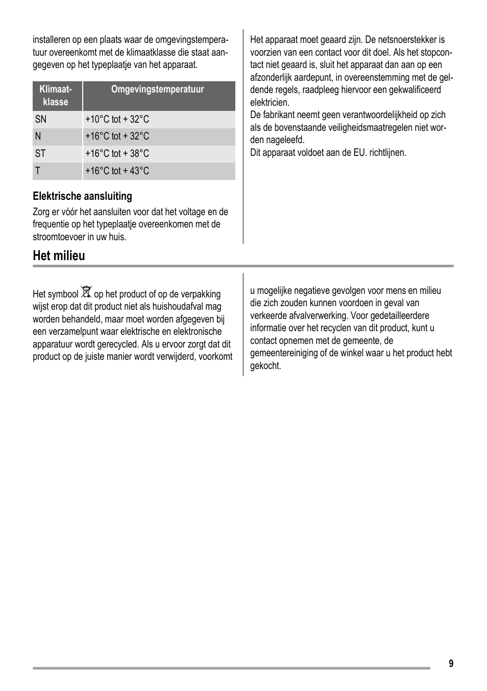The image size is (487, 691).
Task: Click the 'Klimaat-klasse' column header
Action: click(56, 96)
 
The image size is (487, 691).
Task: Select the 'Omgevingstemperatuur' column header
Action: click(157, 89)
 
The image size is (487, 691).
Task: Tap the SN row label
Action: click(40, 120)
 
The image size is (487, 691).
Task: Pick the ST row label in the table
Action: click(40, 154)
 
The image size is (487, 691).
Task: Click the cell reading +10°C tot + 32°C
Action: click(117, 120)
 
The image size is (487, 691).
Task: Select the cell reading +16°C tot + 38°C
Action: click(117, 154)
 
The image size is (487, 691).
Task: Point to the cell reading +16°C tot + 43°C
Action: click(117, 171)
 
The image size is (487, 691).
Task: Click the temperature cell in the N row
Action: click(117, 136)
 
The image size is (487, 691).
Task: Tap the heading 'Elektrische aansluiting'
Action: click(82, 196)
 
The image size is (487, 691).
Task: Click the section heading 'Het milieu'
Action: click(59, 256)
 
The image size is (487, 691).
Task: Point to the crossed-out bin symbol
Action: click(86, 292)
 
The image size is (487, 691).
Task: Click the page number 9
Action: click(451, 663)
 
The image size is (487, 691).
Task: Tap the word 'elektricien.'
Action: click(270, 103)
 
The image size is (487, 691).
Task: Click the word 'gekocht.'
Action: click(265, 366)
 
